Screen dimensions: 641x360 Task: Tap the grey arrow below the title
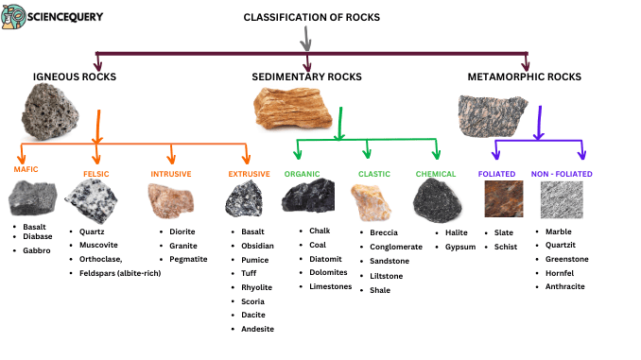pos(304,40)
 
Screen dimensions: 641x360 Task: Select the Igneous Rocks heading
pos(75,76)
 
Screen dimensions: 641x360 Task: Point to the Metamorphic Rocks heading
pos(524,76)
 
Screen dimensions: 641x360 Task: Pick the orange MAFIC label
pos(26,169)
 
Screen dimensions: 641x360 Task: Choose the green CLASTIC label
pos(374,174)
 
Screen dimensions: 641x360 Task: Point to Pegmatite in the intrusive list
pos(190,259)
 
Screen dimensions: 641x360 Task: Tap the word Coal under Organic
pos(319,245)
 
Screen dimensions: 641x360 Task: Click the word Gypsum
pos(460,247)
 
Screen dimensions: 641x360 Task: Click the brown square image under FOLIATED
pos(501,198)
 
